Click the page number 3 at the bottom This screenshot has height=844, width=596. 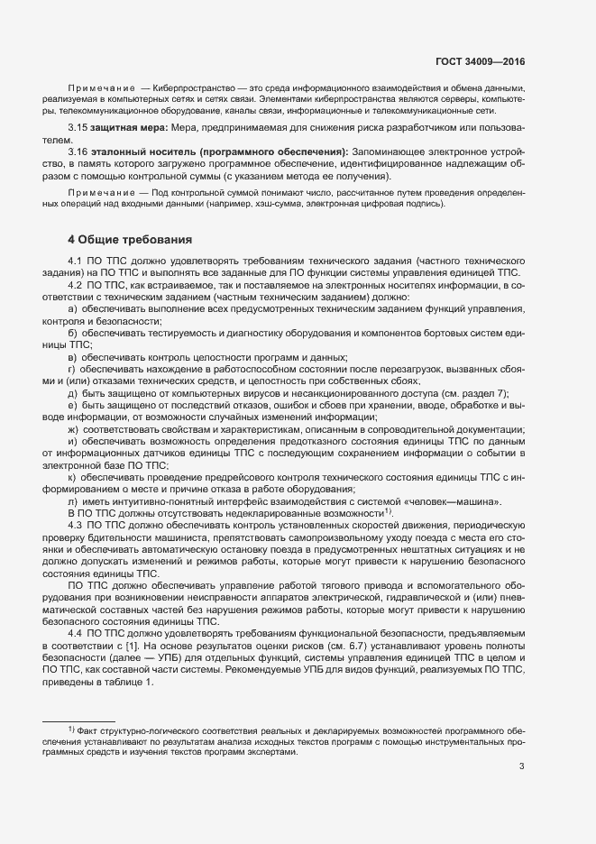click(521, 767)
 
